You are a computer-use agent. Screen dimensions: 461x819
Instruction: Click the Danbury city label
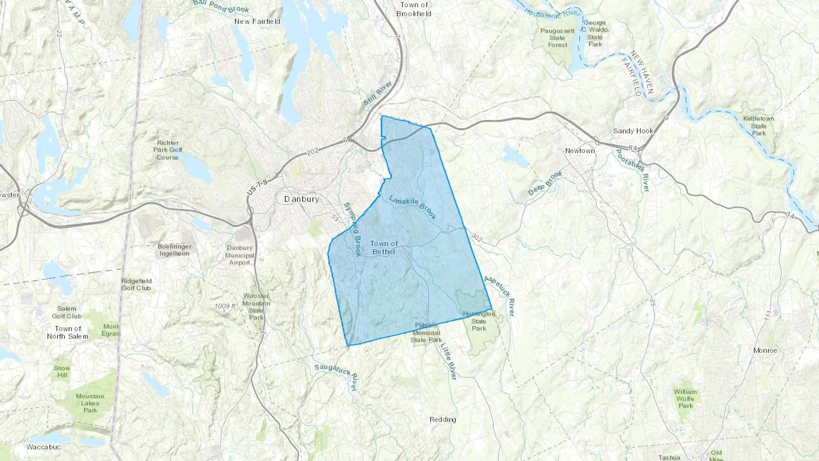pyautogui.click(x=301, y=199)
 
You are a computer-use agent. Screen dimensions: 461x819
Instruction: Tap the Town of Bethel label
pyautogui.click(x=384, y=248)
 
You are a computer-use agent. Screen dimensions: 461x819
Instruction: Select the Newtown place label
pyautogui.click(x=580, y=151)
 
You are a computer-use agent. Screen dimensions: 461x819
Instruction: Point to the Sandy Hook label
pyautogui.click(x=633, y=131)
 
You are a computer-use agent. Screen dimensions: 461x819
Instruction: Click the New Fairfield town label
pyautogui.click(x=257, y=21)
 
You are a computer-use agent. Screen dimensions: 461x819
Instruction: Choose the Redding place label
pyautogui.click(x=443, y=420)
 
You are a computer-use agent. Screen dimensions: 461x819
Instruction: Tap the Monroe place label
pyautogui.click(x=765, y=350)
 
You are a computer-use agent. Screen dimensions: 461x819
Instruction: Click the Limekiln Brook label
pyautogui.click(x=413, y=207)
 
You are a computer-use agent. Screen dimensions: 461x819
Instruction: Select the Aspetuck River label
pyautogui.click(x=499, y=295)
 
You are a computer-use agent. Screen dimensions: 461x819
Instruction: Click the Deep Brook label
pyautogui.click(x=545, y=183)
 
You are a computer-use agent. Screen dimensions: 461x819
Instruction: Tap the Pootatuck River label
pyautogui.click(x=632, y=171)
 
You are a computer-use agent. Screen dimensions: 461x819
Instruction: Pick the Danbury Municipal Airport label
pyautogui.click(x=239, y=255)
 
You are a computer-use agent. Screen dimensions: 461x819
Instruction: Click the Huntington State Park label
pyautogui.click(x=479, y=321)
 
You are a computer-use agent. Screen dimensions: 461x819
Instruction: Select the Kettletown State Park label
pyautogui.click(x=758, y=126)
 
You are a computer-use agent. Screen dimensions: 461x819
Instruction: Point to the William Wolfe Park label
pyautogui.click(x=685, y=399)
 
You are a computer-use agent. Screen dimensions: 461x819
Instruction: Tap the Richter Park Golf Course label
pyautogui.click(x=167, y=150)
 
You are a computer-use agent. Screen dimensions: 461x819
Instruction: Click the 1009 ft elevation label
pyautogui.click(x=225, y=306)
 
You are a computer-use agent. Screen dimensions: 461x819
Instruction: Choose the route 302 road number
pyautogui.click(x=476, y=237)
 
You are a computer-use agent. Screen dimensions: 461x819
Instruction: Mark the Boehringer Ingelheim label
pyautogui.click(x=174, y=250)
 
